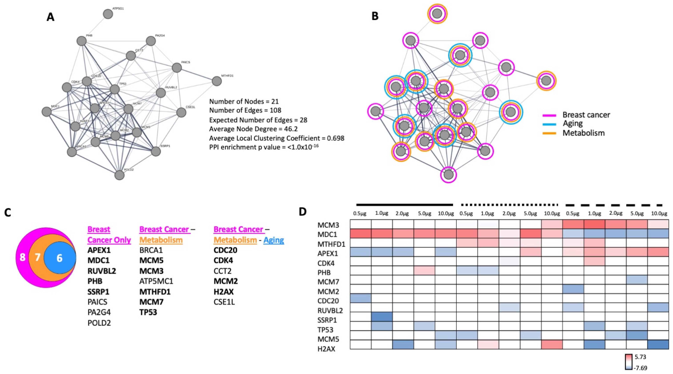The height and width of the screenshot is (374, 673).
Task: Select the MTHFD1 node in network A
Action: pos(217,81)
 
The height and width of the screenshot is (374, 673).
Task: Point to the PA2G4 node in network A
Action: pos(151,41)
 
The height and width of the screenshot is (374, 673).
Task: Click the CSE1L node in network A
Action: pos(181,112)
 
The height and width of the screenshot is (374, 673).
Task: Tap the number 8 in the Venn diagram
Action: pos(22,257)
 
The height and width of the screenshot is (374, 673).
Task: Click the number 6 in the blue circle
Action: pos(60,258)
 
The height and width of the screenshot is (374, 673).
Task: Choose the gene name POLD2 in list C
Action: pos(99,323)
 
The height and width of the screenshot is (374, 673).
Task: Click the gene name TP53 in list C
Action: pos(148,312)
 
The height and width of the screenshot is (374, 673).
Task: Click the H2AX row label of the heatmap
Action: pos(326,349)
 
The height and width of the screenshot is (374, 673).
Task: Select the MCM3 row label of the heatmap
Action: pos(328,225)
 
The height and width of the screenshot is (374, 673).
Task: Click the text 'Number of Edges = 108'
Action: pos(245,110)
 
